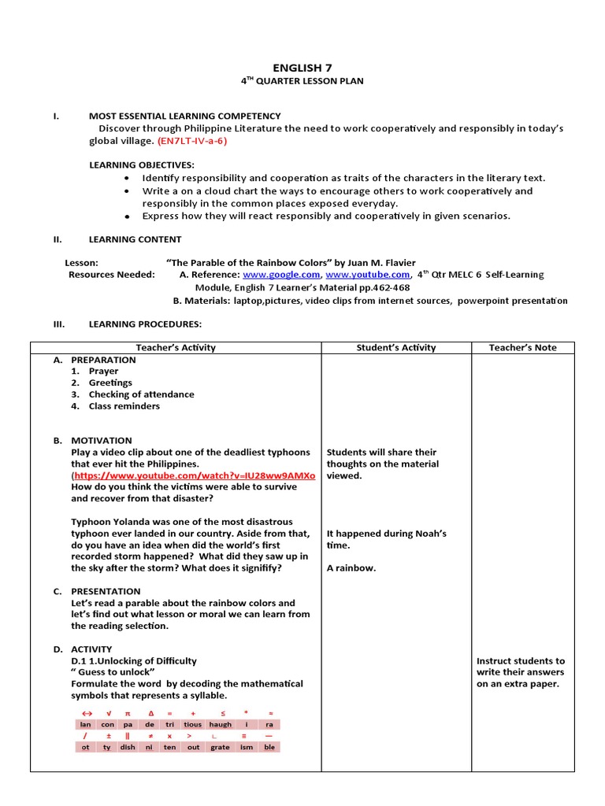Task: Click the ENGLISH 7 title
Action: point(302,68)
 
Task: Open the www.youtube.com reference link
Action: point(367,275)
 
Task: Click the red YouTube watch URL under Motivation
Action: point(194,475)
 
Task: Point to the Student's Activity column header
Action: point(395,347)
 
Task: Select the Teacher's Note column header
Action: point(522,347)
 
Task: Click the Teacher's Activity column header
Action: point(176,347)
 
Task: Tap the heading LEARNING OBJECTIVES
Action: point(141,165)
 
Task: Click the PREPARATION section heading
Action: point(103,360)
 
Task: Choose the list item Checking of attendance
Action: point(141,394)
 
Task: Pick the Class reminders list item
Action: point(124,406)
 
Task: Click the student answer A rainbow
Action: point(351,568)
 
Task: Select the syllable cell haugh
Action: point(221,724)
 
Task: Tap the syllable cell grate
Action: point(221,747)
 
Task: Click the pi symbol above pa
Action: point(128,712)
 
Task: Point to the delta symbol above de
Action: point(150,712)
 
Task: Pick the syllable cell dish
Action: point(128,747)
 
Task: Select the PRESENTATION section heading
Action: point(106,591)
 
